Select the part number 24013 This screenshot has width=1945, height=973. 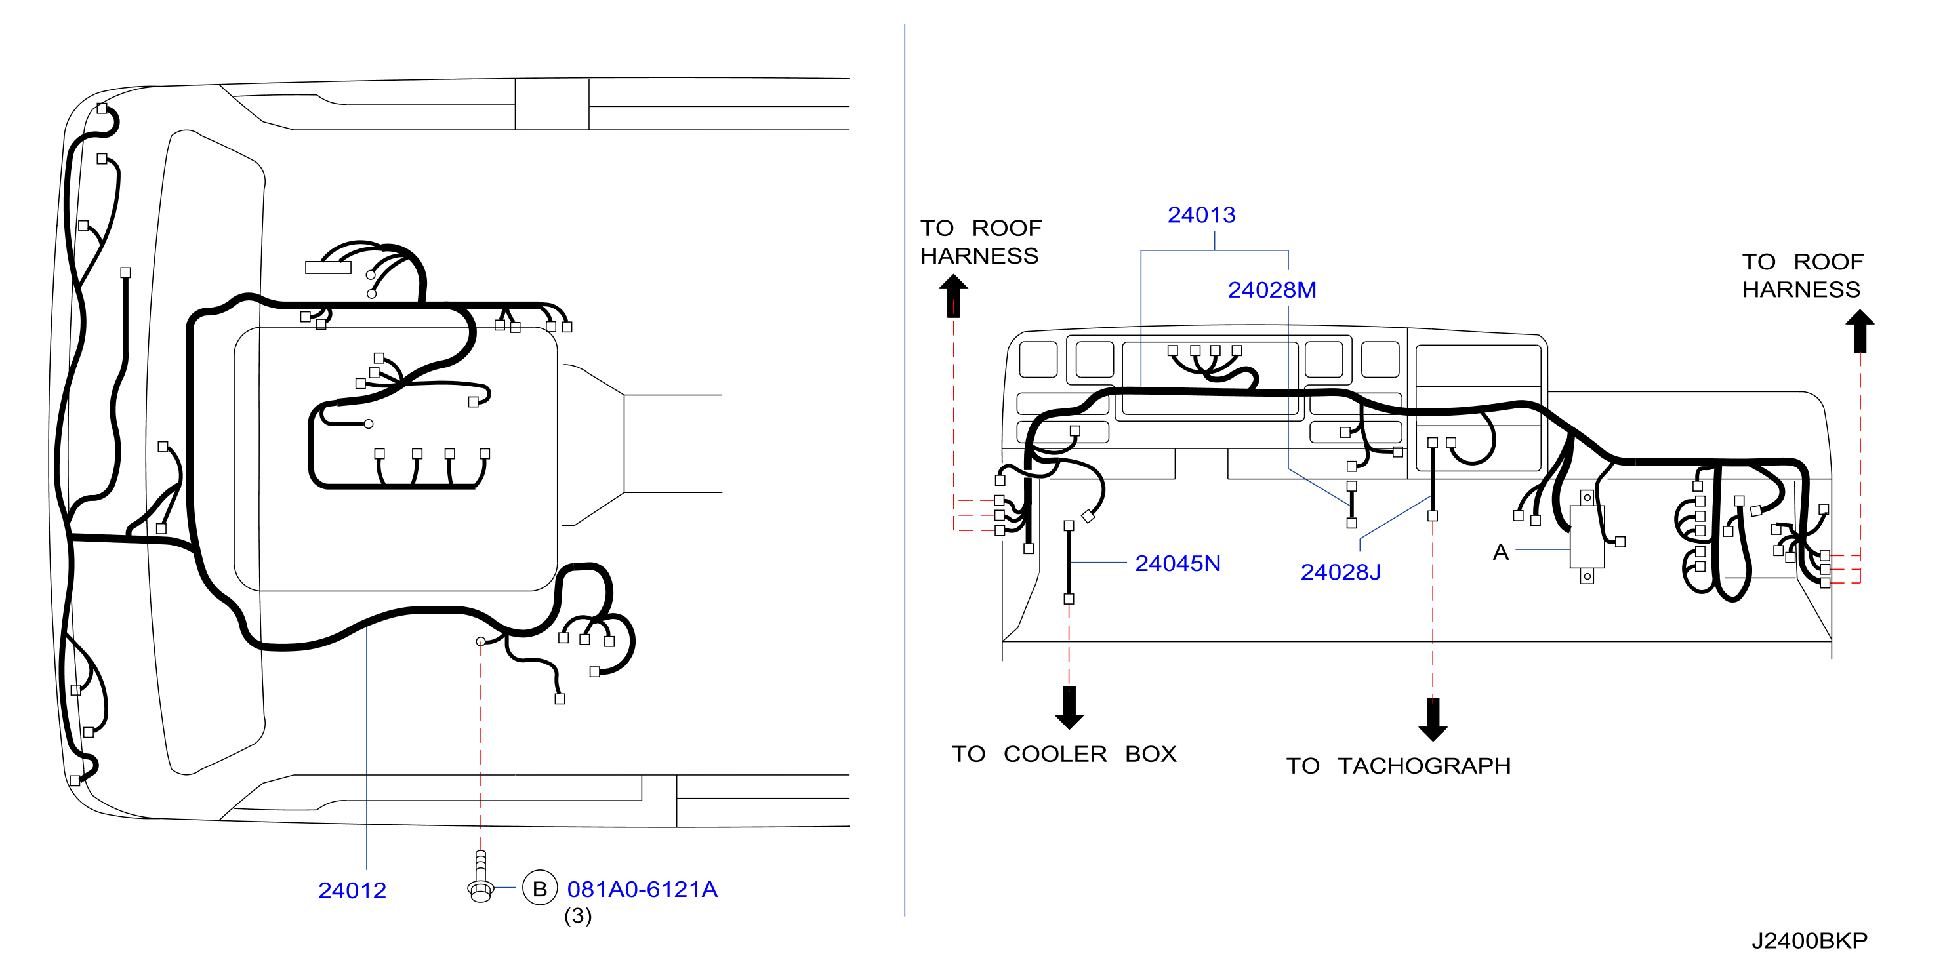(x=1201, y=215)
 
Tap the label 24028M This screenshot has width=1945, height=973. (x=1271, y=290)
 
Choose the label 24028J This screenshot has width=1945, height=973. (x=1340, y=572)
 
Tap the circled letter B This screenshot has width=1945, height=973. (x=540, y=888)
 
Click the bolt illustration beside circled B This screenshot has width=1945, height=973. (x=480, y=877)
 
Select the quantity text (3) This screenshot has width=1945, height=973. (x=578, y=916)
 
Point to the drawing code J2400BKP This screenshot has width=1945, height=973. (x=1809, y=940)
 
